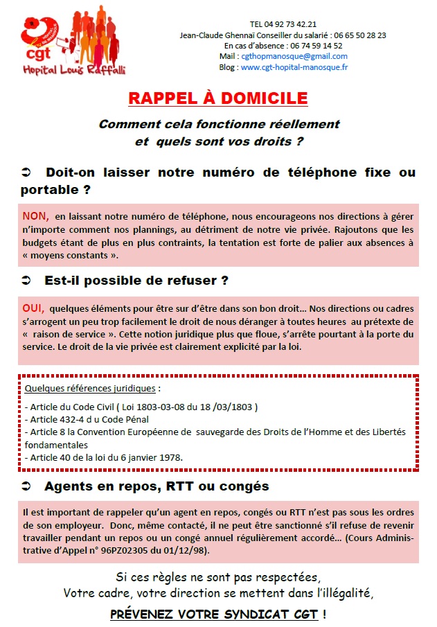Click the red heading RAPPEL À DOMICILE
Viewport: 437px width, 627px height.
[x=218, y=98]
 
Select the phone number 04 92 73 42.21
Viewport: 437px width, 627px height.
[x=292, y=24]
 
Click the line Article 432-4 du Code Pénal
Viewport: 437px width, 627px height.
[x=87, y=419]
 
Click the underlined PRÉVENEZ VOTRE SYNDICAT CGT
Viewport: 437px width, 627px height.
[x=214, y=614]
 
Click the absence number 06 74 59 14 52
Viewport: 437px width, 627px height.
[x=316, y=46]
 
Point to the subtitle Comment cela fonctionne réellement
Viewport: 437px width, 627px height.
[x=219, y=125]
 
